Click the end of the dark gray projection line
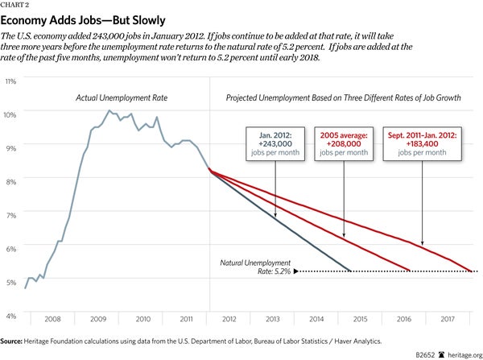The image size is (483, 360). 351,271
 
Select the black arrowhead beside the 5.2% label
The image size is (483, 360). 296,271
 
